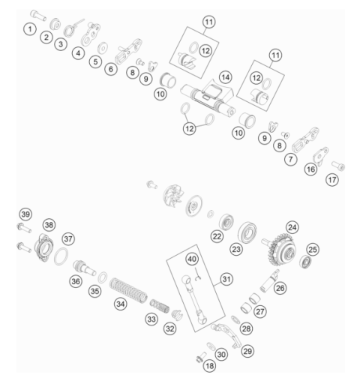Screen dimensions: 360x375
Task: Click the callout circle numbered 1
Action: pos(30,29)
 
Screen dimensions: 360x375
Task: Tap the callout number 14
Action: pos(225,77)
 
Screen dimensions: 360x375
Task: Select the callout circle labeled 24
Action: pos(292,227)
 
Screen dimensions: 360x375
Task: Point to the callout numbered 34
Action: pos(121,304)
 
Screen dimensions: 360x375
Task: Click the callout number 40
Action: pos(192,259)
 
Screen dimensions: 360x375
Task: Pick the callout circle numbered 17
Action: pos(332,180)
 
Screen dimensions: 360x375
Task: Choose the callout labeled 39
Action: pos(25,214)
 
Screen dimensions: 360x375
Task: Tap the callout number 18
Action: pos(209,366)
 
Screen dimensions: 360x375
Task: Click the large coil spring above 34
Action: pos(128,290)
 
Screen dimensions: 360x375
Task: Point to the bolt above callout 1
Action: pos(38,15)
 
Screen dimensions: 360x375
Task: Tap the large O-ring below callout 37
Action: pos(61,256)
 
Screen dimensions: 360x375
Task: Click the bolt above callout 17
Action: pos(338,166)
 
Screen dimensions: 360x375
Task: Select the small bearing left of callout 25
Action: pos(305,262)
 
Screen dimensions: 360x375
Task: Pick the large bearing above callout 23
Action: pos(247,232)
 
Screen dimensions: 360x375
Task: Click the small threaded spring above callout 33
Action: pos(160,306)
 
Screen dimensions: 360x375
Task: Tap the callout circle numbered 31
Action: pos(226,279)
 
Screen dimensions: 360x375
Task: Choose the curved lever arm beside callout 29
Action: pos(226,334)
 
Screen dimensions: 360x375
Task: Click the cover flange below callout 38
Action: pos(43,247)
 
